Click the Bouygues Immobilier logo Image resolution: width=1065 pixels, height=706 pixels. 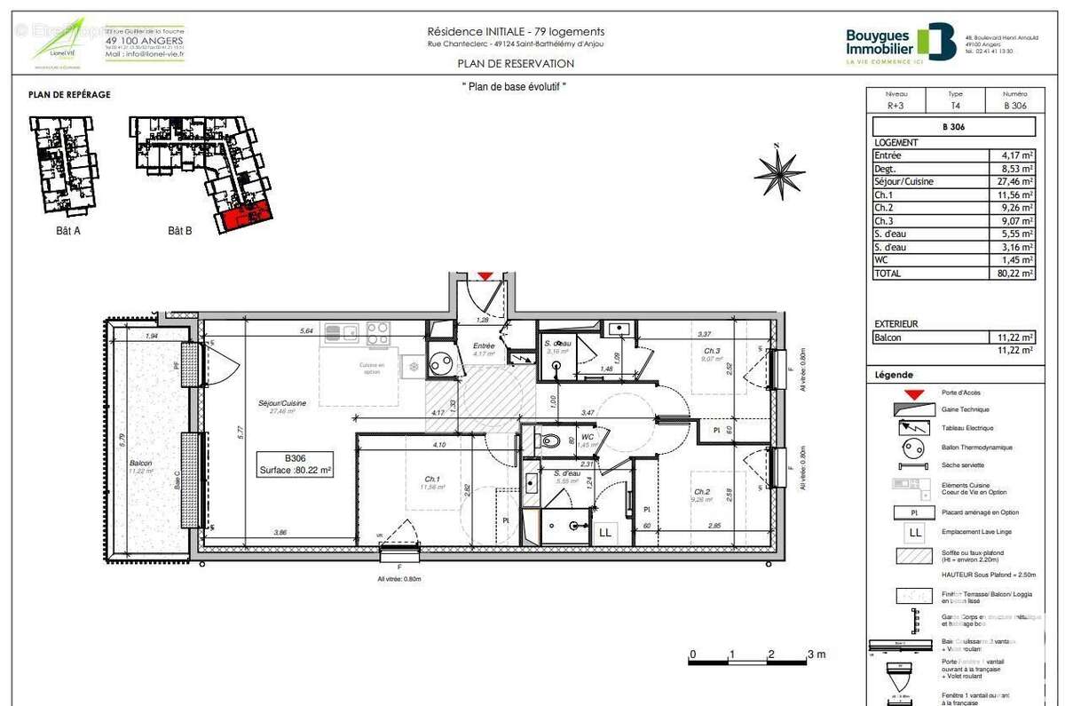[901, 42]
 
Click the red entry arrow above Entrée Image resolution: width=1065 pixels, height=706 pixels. [485, 277]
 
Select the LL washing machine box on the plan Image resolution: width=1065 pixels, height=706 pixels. [606, 532]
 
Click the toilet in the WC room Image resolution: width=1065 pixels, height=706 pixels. [549, 440]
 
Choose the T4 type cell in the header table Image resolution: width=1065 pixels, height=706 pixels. [955, 105]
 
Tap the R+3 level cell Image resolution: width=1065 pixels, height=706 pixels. [896, 105]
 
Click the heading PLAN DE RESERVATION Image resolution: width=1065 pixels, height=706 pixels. [516, 63]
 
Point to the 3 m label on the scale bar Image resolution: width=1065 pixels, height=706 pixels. [816, 654]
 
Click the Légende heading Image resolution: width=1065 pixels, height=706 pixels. [893, 375]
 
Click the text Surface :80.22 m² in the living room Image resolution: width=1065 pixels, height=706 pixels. [296, 471]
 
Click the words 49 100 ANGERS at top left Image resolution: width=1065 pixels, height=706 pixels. [145, 41]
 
